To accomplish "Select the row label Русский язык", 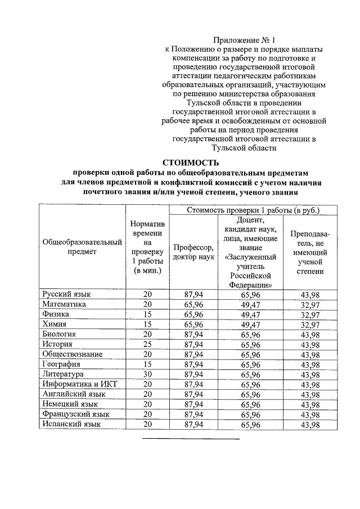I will [66, 294].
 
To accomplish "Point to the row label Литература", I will [63, 373].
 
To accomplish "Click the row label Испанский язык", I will [72, 424].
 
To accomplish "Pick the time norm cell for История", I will [147, 344].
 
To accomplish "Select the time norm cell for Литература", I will [147, 373].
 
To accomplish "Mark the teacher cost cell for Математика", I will [310, 304].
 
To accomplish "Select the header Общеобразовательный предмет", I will [82, 247].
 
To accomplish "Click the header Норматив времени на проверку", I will [147, 247].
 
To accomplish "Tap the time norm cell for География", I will [147, 364].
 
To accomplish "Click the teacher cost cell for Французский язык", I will [310, 415].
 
